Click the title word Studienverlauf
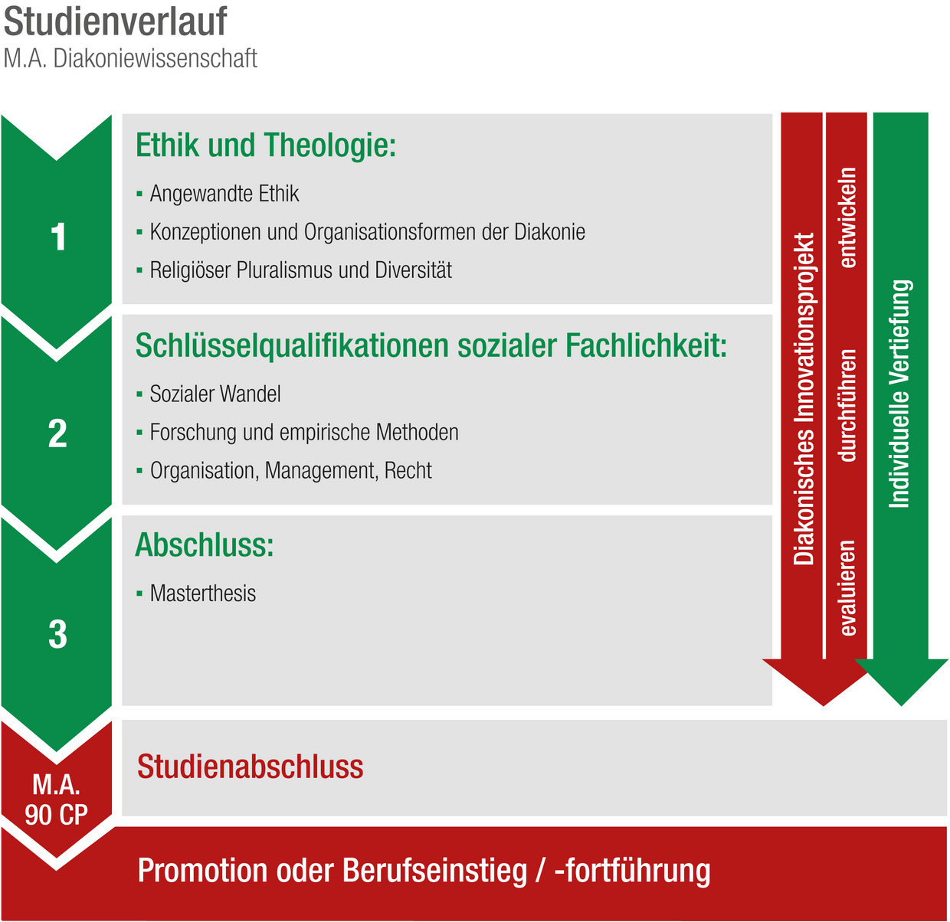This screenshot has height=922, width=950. click(115, 22)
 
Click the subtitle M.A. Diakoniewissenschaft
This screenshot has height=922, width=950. click(130, 58)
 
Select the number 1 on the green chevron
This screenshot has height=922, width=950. click(58, 237)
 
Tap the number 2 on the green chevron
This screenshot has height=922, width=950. click(57, 433)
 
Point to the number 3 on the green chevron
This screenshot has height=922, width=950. click(57, 635)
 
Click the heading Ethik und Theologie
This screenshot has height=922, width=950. click(266, 145)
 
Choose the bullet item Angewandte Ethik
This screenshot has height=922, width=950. click(224, 193)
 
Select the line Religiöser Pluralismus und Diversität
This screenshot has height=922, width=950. click(301, 270)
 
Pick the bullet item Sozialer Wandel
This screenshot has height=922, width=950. click(215, 394)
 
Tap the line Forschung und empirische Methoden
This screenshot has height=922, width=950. click(304, 433)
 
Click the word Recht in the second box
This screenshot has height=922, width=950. click(408, 470)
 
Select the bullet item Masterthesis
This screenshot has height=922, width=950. click(202, 593)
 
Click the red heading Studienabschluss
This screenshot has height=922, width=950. click(250, 767)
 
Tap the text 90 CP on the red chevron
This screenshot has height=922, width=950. click(56, 814)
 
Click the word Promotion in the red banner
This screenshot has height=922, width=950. click(202, 870)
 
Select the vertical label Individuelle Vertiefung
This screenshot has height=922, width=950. click(899, 394)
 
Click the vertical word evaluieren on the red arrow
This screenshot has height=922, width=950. click(848, 587)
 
